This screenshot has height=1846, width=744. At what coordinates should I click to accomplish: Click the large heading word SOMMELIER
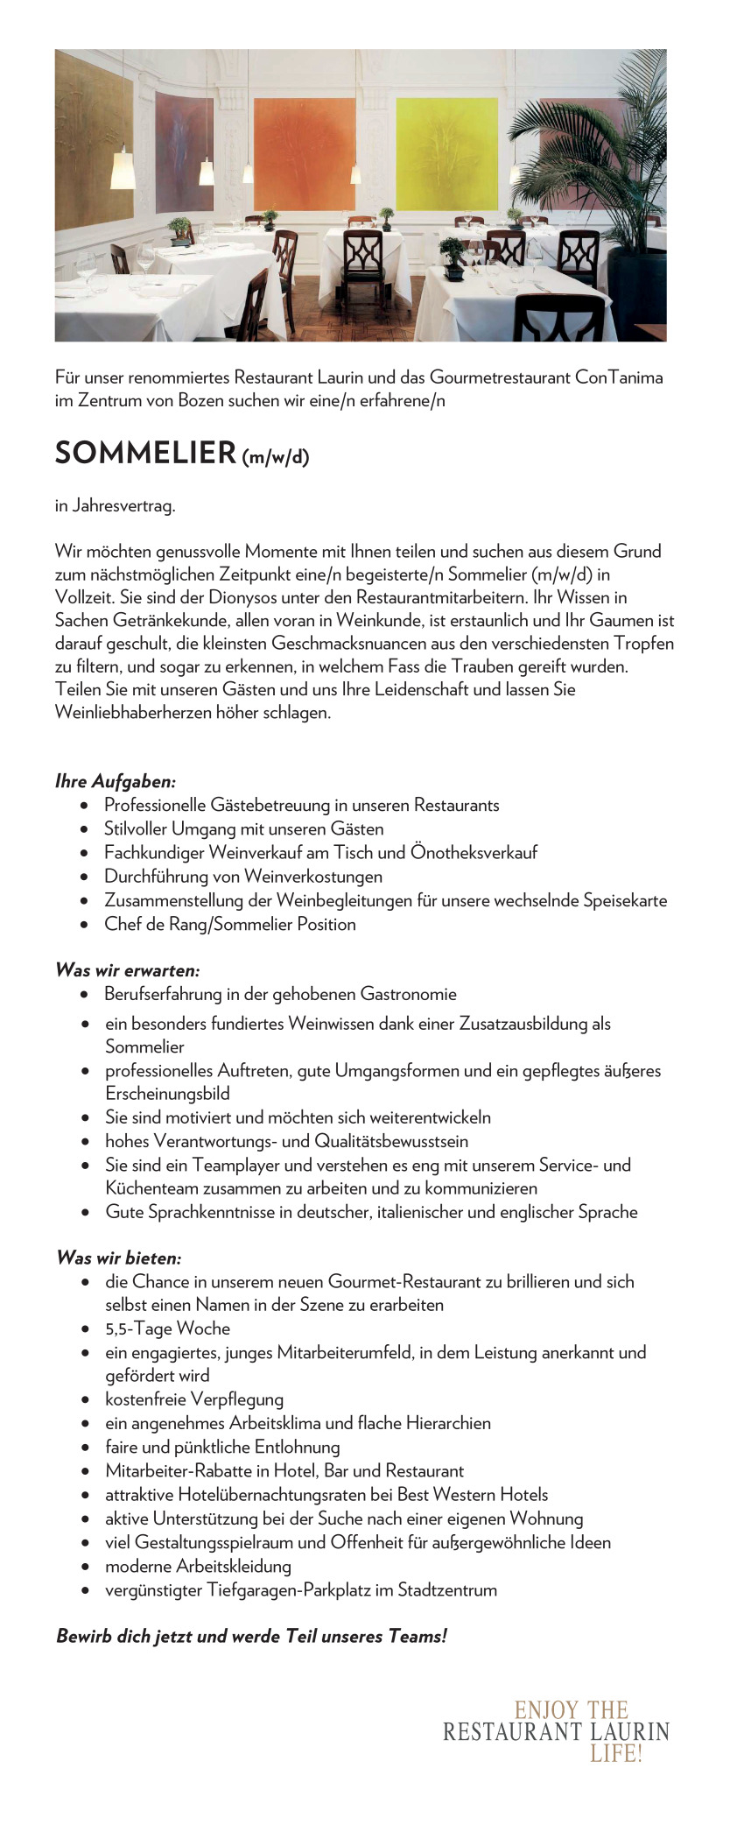[x=145, y=453]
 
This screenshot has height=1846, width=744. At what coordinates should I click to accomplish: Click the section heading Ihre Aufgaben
[x=116, y=780]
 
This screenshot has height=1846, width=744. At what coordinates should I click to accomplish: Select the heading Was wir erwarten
[x=128, y=969]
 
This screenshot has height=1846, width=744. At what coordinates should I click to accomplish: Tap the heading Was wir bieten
[x=118, y=1258]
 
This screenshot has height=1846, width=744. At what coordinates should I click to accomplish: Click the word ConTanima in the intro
[x=618, y=377]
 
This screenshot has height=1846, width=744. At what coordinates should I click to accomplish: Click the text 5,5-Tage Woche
[x=167, y=1328]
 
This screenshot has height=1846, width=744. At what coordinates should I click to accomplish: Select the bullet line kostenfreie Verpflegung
[x=194, y=1399]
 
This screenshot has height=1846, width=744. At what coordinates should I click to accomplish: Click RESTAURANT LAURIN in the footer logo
[x=556, y=1731]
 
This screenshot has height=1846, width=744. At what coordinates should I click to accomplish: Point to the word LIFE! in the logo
[x=615, y=1753]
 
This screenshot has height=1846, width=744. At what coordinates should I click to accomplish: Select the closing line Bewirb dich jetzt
[x=251, y=1636]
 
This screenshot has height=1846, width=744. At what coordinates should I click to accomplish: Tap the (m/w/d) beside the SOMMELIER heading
[x=275, y=456]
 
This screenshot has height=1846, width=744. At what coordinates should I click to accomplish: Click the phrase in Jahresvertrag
[x=115, y=505]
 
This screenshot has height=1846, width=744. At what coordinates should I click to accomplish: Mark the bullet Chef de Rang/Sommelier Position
[x=229, y=924]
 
